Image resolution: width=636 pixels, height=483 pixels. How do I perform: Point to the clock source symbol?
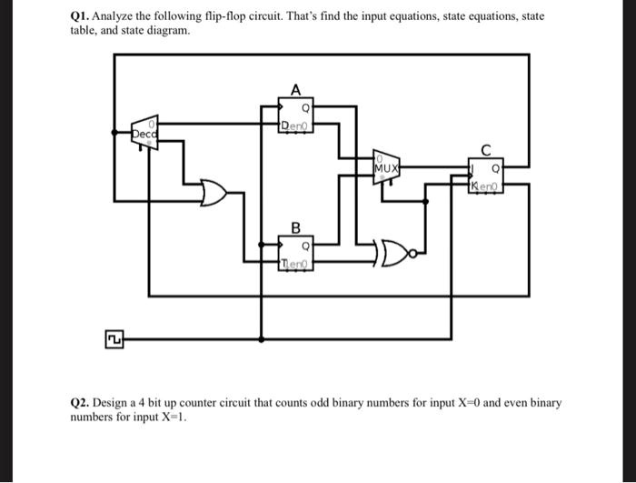114,339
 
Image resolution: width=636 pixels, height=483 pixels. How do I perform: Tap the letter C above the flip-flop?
486,149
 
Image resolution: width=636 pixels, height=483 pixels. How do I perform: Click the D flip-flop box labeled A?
296,116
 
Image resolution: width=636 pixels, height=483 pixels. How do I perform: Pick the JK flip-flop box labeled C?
486,176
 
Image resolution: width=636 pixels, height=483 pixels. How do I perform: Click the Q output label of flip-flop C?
496,168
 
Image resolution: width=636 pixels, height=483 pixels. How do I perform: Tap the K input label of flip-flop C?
474,186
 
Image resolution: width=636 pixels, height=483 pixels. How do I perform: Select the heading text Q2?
80,402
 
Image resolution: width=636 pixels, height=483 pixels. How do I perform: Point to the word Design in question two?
115,402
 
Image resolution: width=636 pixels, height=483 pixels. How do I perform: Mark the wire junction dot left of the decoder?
114,133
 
